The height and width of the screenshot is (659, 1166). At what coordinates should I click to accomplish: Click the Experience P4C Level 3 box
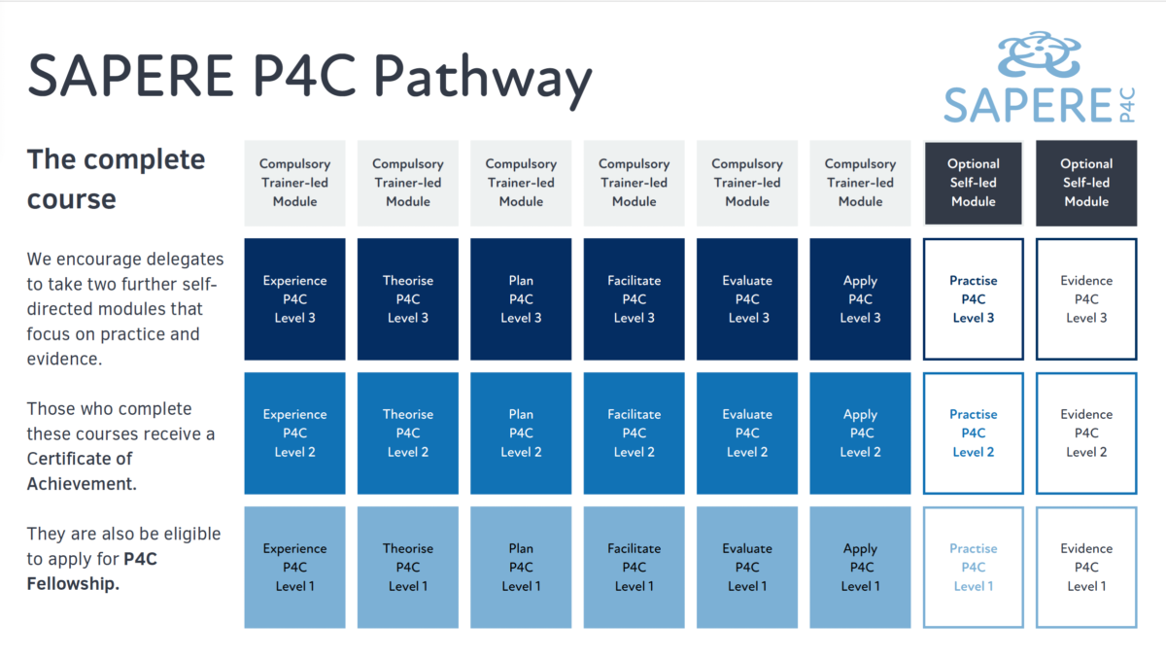(294, 298)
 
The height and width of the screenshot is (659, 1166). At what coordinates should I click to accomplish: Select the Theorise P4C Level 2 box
(408, 433)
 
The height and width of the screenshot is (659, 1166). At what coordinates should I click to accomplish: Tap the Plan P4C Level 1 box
(521, 567)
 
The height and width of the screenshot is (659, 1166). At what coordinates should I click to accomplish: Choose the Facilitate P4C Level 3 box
(634, 298)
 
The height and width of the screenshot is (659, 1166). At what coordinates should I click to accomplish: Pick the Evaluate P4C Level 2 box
(747, 433)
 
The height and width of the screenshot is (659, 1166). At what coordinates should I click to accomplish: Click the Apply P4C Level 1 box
(860, 567)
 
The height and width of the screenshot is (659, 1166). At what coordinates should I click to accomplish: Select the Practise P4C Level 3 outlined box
(974, 298)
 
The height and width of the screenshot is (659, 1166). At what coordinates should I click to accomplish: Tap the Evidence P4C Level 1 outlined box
(1086, 567)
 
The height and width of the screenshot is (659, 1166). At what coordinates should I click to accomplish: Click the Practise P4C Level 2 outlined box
(974, 433)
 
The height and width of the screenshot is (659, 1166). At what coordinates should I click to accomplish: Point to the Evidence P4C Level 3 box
(1086, 298)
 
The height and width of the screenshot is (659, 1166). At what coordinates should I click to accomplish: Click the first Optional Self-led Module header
(974, 183)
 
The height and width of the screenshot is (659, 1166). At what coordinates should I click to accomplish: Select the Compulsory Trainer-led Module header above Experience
(294, 183)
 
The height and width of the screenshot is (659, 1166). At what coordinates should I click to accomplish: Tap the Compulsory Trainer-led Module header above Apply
(860, 183)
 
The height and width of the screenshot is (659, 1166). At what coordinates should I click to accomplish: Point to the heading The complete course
(116, 179)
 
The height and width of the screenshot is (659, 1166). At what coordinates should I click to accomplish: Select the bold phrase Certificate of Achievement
(81, 470)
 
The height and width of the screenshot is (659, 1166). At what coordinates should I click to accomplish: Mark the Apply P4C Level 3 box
(860, 298)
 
